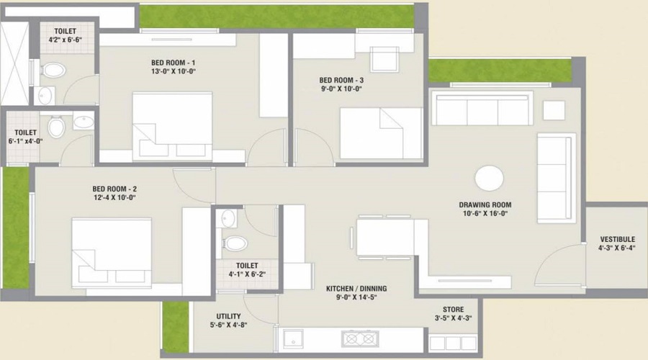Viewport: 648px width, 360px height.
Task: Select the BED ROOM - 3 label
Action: click(x=341, y=80)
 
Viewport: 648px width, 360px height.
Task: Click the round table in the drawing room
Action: click(x=490, y=178)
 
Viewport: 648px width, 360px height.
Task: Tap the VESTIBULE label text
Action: click(x=616, y=239)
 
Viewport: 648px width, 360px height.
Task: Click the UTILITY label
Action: click(x=228, y=316)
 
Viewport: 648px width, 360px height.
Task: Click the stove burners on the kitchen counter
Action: click(x=360, y=338)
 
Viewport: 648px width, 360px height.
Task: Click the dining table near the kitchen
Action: click(x=384, y=237)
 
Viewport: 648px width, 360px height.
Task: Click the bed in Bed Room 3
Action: click(x=381, y=133)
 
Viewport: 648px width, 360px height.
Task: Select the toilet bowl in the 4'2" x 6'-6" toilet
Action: click(x=53, y=71)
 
